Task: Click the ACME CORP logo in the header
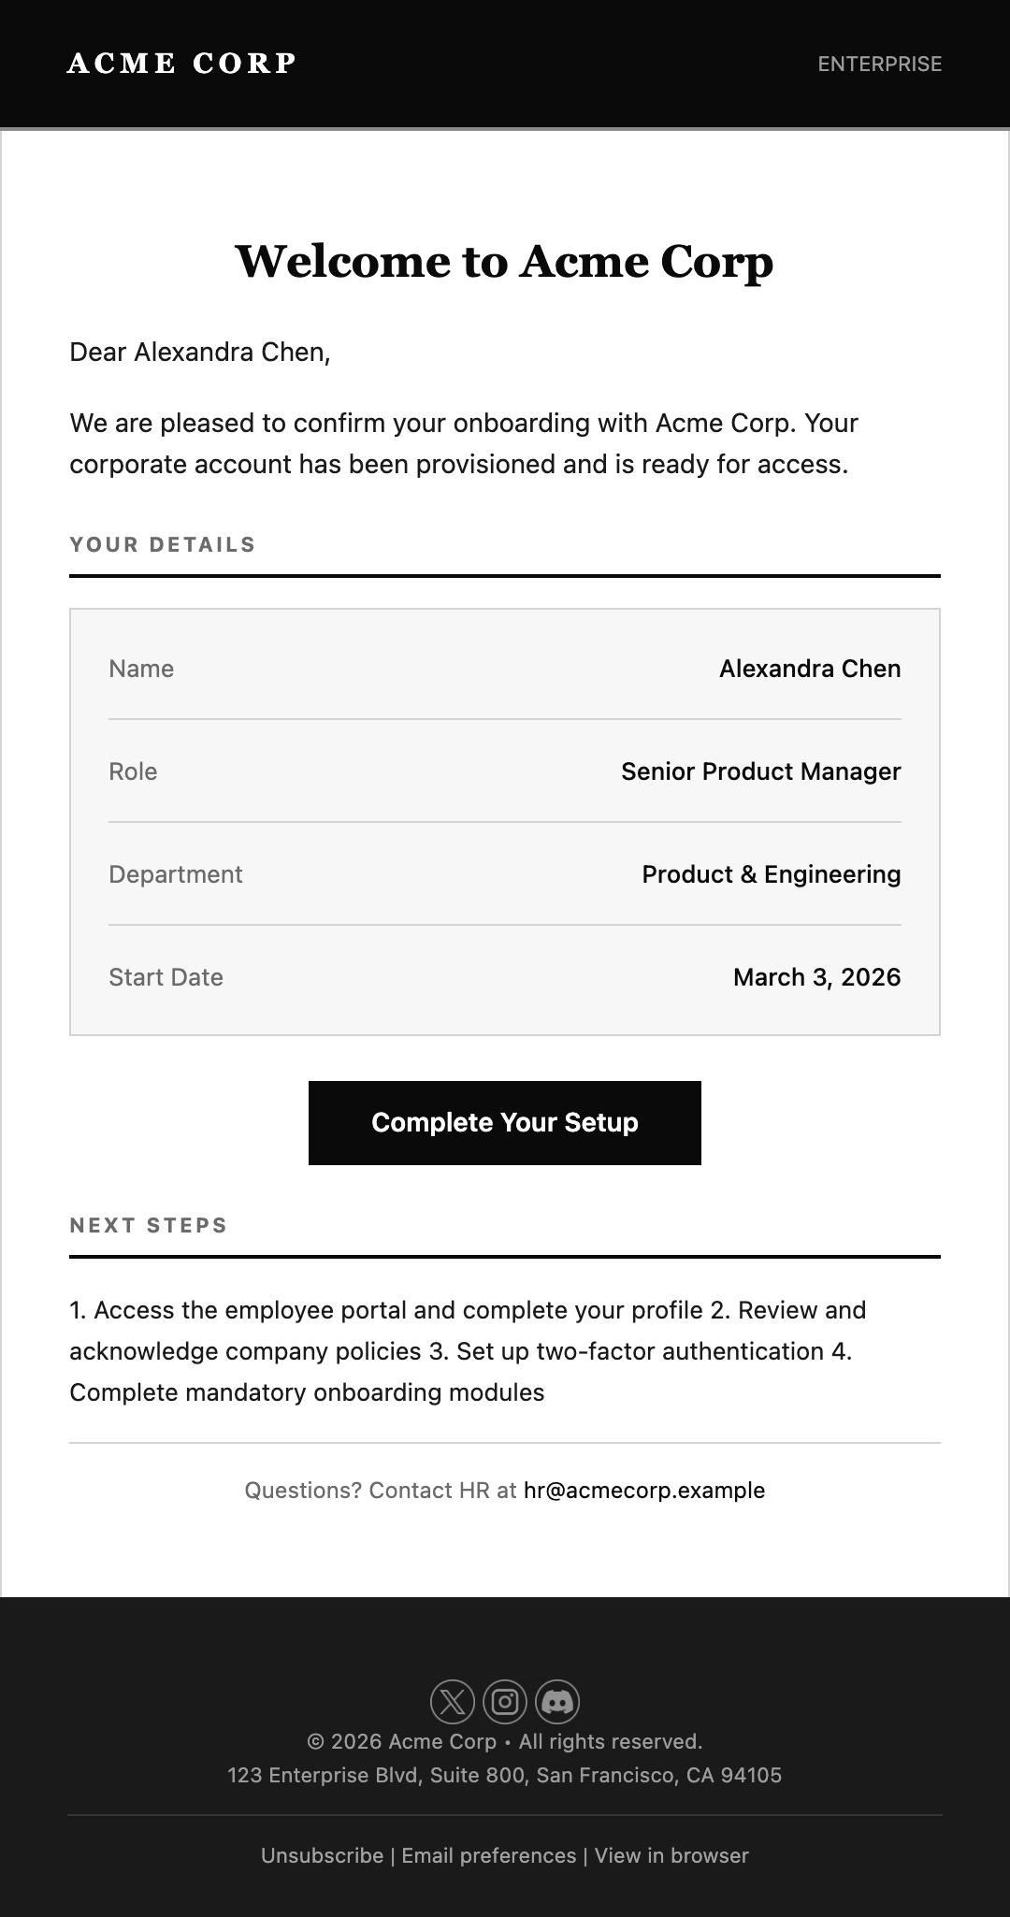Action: tap(181, 64)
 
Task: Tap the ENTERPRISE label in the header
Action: tap(879, 64)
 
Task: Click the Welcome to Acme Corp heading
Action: tap(504, 261)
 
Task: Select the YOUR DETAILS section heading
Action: tap(163, 544)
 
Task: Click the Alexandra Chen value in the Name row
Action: tap(809, 669)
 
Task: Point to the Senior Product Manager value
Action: tap(760, 771)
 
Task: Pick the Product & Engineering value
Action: tap(771, 874)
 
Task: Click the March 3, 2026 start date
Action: tap(816, 977)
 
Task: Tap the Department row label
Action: tap(175, 874)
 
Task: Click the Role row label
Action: tap(133, 771)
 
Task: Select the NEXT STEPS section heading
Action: tap(149, 1225)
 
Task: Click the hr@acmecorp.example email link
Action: tap(644, 1491)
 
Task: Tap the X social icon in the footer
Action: tap(453, 1701)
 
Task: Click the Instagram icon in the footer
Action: tap(505, 1701)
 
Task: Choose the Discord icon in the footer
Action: tap(557, 1701)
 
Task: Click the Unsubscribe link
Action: tap(322, 1855)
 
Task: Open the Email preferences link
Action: tap(489, 1855)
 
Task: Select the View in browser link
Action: tap(671, 1855)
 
